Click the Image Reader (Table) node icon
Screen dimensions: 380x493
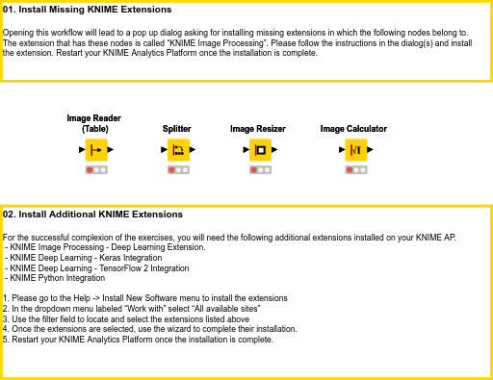pyautogui.click(x=94, y=150)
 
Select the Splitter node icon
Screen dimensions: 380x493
pyautogui.click(x=177, y=150)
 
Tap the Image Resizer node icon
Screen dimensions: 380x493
pyautogui.click(x=259, y=150)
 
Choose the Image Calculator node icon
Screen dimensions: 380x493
pyautogui.click(x=355, y=150)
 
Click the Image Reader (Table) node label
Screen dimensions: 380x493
pyautogui.click(x=94, y=123)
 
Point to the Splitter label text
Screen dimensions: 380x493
pyautogui.click(x=177, y=128)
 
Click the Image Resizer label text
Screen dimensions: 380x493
pyautogui.click(x=258, y=128)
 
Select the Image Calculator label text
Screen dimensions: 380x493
pyautogui.click(x=353, y=128)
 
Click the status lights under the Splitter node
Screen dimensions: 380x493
pyautogui.click(x=177, y=169)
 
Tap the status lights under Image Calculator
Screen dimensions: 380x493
pyautogui.click(x=355, y=169)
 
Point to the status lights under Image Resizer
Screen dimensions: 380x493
pyautogui.click(x=259, y=169)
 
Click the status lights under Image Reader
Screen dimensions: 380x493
pyautogui.click(x=94, y=169)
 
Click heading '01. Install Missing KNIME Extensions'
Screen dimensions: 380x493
pyautogui.click(x=88, y=10)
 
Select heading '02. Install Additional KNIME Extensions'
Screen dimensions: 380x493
pyautogui.click(x=92, y=214)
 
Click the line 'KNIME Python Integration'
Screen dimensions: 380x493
pyautogui.click(x=57, y=277)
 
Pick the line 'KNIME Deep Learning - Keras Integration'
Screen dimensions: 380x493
pyautogui.click(x=85, y=257)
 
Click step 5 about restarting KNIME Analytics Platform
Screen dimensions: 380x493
pyautogui.click(x=139, y=339)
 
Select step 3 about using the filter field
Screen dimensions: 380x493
pyautogui.click(x=126, y=318)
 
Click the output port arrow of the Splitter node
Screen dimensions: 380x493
pyautogui.click(x=193, y=150)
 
